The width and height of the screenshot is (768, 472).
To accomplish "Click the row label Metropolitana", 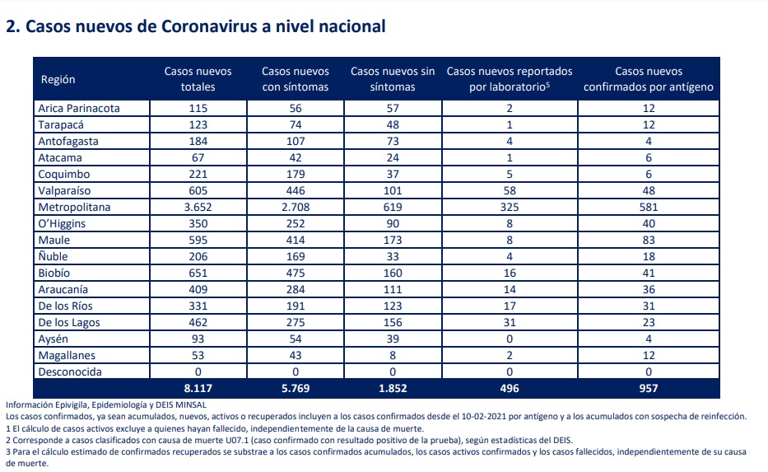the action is pyautogui.click(x=74, y=208).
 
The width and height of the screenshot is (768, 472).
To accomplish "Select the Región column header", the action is pyautogui.click(x=58, y=80).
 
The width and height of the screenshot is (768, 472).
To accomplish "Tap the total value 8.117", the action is pyautogui.click(x=198, y=389).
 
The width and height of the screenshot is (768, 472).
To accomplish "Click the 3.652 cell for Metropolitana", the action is pyautogui.click(x=198, y=208).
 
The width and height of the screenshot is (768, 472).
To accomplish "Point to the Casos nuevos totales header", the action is pyautogui.click(x=198, y=79).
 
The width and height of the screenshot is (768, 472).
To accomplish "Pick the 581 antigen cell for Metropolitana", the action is pyautogui.click(x=649, y=208).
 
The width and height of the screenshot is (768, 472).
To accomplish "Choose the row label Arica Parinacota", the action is pyautogui.click(x=79, y=108).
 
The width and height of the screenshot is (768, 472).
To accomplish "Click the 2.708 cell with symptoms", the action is pyautogui.click(x=296, y=208).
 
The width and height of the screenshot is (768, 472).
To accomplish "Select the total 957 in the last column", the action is pyautogui.click(x=649, y=389).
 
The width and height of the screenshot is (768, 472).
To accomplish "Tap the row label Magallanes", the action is pyautogui.click(x=67, y=356).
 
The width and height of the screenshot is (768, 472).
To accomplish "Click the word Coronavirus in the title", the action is pyautogui.click(x=210, y=26).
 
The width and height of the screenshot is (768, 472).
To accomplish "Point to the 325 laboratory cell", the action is pyautogui.click(x=510, y=208).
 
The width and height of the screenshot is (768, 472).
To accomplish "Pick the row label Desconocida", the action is pyautogui.click(x=70, y=372).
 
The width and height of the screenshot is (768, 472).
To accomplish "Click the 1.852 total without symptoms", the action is pyautogui.click(x=393, y=389).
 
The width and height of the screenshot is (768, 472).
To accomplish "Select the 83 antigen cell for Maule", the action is pyautogui.click(x=649, y=241).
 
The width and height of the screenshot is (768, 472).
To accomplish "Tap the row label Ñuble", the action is pyautogui.click(x=53, y=256).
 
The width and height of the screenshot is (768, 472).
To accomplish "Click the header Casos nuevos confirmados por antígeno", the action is pyautogui.click(x=649, y=79).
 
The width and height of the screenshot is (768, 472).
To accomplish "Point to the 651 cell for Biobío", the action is pyautogui.click(x=198, y=273).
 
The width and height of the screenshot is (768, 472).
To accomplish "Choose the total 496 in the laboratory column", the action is pyautogui.click(x=510, y=389).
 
